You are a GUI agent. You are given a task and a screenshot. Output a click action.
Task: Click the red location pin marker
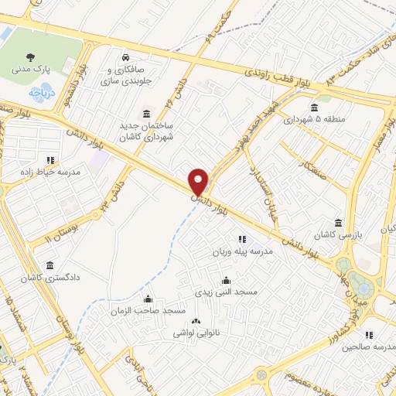[x=199, y=182]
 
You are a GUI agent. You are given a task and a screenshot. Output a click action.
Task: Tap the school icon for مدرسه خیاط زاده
[x=51, y=160]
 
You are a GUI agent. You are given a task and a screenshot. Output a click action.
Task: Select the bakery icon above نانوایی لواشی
[x=196, y=321]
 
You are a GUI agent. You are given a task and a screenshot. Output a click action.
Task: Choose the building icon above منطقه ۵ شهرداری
[x=313, y=108]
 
